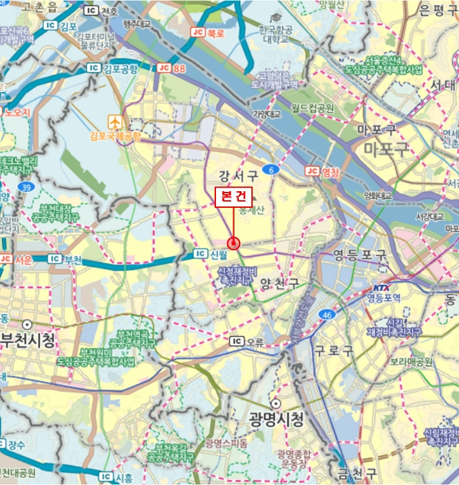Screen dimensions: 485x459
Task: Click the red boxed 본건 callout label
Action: click(234, 196)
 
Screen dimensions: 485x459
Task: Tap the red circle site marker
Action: click(234, 243)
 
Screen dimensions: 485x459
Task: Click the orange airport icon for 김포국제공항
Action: click(114, 121)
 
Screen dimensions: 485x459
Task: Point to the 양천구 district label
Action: click(279, 283)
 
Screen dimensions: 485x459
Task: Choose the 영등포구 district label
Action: click(359, 254)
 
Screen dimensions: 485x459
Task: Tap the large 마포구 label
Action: click(379, 148)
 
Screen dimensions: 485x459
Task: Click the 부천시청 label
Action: click(28, 339)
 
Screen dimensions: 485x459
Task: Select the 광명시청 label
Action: click(276, 418)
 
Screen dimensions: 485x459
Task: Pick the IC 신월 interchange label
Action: click(210, 254)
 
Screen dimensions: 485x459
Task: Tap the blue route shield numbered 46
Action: click(326, 315)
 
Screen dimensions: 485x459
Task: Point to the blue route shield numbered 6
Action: click(273, 169)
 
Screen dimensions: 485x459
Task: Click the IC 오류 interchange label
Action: click(247, 341)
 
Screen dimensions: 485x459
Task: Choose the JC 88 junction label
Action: click(172, 67)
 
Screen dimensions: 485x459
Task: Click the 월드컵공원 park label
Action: click(312, 109)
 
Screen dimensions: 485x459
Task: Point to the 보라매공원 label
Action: click(411, 362)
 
